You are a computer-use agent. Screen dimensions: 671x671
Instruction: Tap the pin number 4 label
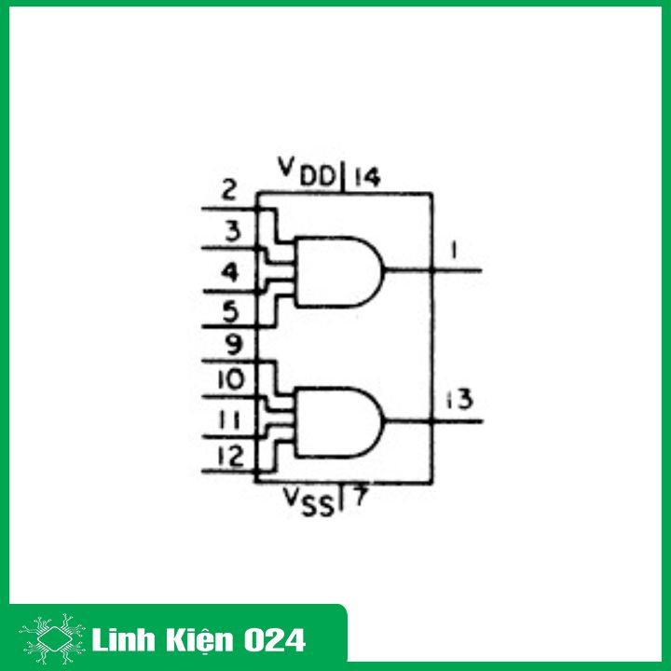(230, 273)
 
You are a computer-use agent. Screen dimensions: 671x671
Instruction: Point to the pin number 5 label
(231, 309)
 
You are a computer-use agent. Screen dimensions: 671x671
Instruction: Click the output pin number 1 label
(451, 251)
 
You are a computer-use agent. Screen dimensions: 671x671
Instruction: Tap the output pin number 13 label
(459, 400)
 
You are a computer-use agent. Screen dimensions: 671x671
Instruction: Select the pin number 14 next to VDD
(366, 176)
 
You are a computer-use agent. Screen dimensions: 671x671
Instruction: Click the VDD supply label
(308, 171)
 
